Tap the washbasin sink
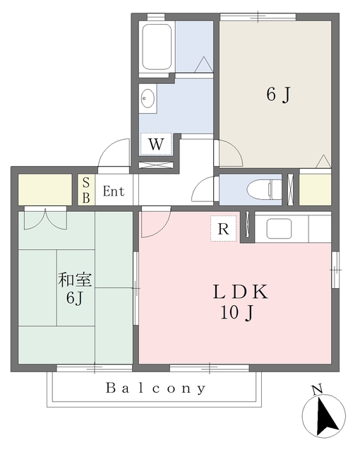(x=148, y=98)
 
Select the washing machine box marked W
(x=157, y=144)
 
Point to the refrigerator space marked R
(x=223, y=229)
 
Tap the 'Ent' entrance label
(x=114, y=191)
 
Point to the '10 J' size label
(x=239, y=312)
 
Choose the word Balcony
(x=156, y=388)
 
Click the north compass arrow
(x=324, y=417)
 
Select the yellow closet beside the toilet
(x=315, y=189)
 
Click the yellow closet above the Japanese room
(x=44, y=189)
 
